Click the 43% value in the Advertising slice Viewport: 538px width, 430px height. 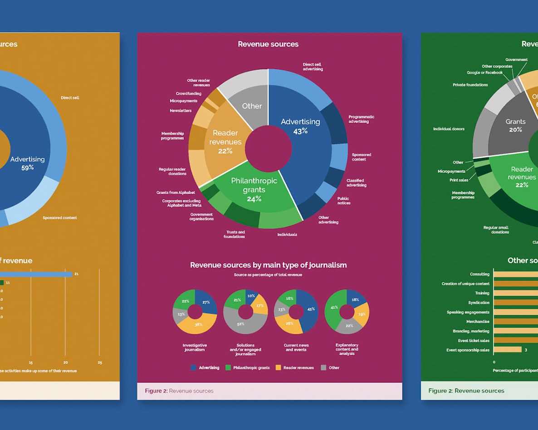coord(300,131)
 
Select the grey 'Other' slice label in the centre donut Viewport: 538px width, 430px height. coord(252,106)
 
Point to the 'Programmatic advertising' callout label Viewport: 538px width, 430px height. coord(361,119)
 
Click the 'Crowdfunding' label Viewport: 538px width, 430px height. coord(188,94)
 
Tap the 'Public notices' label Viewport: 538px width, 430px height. coord(343,201)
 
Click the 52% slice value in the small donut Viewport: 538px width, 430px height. coord(240,324)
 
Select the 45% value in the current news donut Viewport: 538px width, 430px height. coord(311,309)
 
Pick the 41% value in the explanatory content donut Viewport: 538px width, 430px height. coord(334,307)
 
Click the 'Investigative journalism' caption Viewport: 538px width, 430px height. coord(195,347)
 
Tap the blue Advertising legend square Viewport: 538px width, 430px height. coord(194,368)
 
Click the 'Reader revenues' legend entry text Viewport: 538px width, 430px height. coord(298,368)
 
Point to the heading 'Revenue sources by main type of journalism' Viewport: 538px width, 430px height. coord(268,265)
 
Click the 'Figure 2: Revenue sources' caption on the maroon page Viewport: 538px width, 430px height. coord(179,391)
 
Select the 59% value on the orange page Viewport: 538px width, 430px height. coord(27,168)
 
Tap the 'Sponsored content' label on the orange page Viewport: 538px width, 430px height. coord(59,218)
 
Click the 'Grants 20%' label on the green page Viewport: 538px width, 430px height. coord(515,126)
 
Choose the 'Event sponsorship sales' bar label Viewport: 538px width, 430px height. coord(468,350)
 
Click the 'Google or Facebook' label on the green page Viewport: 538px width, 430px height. coord(484,72)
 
